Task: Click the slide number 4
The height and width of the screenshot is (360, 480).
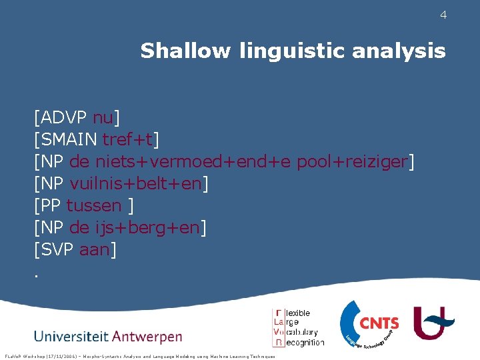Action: (x=443, y=15)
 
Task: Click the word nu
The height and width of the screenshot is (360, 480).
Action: (x=103, y=118)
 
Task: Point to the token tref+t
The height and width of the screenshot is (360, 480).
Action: (x=127, y=140)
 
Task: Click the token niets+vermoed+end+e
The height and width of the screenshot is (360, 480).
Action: (x=193, y=162)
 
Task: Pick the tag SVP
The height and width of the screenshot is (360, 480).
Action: (x=57, y=250)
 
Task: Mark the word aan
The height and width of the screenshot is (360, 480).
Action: (x=95, y=250)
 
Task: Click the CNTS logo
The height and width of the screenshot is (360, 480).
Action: (x=370, y=325)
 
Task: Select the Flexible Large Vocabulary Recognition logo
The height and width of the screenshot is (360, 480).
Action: (x=298, y=327)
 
